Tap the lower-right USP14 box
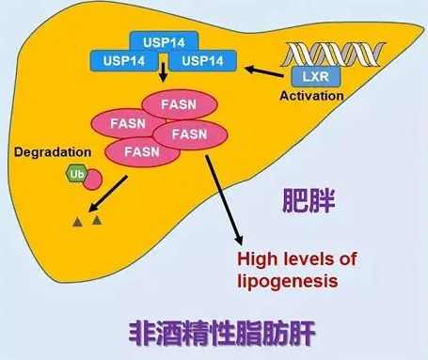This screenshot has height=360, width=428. tap(203, 62)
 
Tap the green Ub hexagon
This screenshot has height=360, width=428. tap(75, 174)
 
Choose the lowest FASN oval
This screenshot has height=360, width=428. tap(135, 151)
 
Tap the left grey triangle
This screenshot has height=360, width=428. tap(78, 223)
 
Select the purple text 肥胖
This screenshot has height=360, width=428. tap(312, 200)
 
